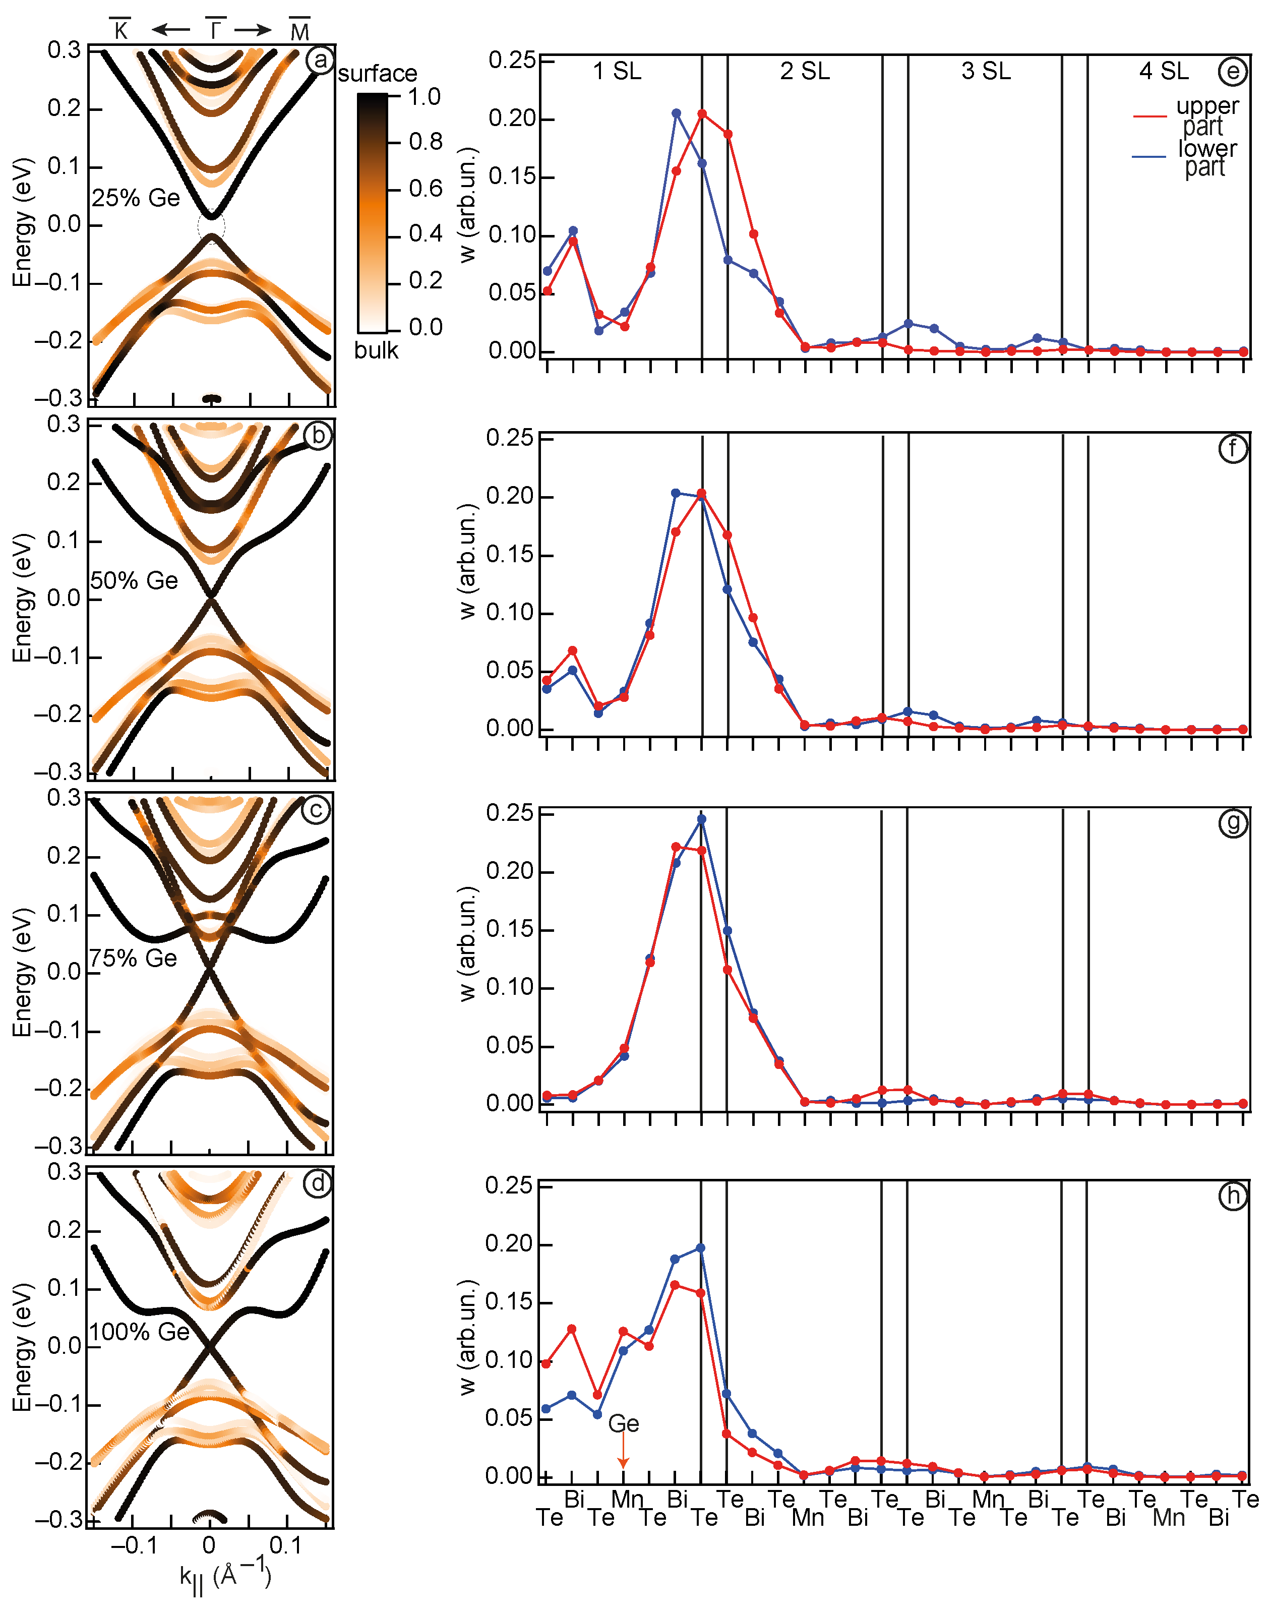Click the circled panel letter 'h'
tap(1233, 1196)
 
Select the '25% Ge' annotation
tap(136, 198)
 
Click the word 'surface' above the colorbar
tap(378, 74)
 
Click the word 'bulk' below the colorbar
tap(376, 350)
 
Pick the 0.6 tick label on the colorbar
tap(425, 189)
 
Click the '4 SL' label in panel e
tap(1164, 72)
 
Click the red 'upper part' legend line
tap(1149, 116)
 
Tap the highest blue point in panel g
tap(701, 819)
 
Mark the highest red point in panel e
tap(701, 114)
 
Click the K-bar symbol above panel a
tap(120, 30)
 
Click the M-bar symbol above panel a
tap(299, 31)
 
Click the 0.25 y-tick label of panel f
tap(510, 439)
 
